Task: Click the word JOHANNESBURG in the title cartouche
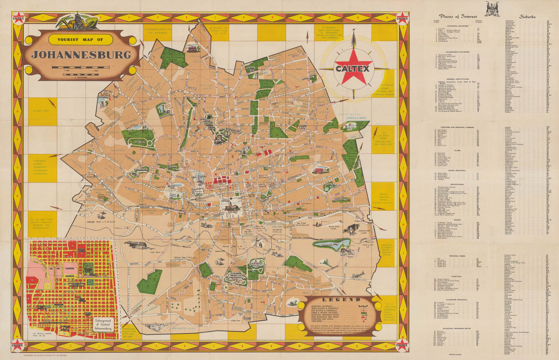81,55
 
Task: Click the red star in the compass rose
353,66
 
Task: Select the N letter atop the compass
354,29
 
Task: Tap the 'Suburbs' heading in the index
528,16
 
